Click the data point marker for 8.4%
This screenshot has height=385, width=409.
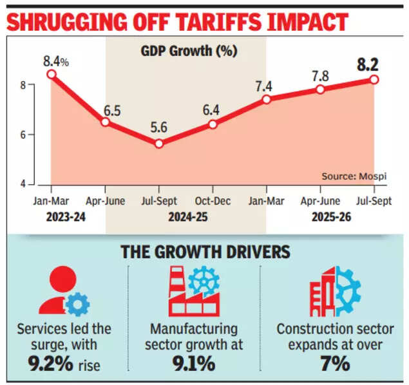point(52,74)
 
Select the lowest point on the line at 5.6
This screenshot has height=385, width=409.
point(159,144)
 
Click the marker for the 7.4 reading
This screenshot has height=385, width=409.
point(266,99)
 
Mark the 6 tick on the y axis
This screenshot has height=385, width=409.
point(39,135)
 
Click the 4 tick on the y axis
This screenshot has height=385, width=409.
point(39,184)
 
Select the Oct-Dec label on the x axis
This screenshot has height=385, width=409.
point(213,200)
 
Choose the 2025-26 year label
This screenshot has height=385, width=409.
point(332,218)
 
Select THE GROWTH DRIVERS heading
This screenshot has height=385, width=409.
point(205,251)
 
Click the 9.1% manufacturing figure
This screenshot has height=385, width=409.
point(194,364)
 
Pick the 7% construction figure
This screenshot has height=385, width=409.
point(334,364)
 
